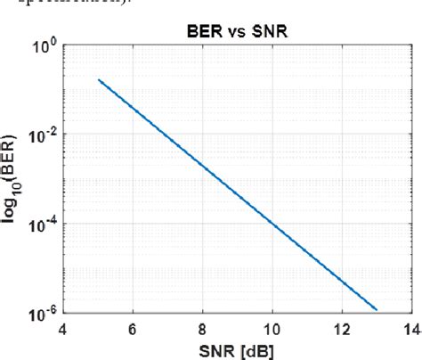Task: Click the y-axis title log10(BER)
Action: tap(17, 178)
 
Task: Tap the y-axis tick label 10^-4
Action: tap(42, 223)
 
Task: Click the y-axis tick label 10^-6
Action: tap(42, 312)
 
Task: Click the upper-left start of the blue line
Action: tap(98, 79)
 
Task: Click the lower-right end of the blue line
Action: tap(377, 310)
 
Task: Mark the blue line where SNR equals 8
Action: tap(202, 165)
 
